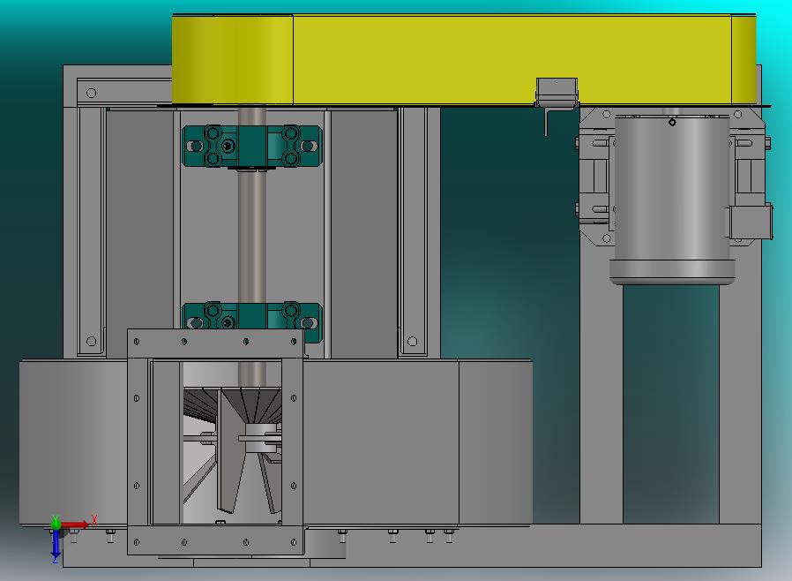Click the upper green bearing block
[x=251, y=147]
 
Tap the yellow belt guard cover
[x=464, y=60]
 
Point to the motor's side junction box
[x=751, y=222]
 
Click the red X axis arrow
[x=75, y=524]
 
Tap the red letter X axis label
[x=94, y=519]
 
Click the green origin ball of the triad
[x=56, y=524]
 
